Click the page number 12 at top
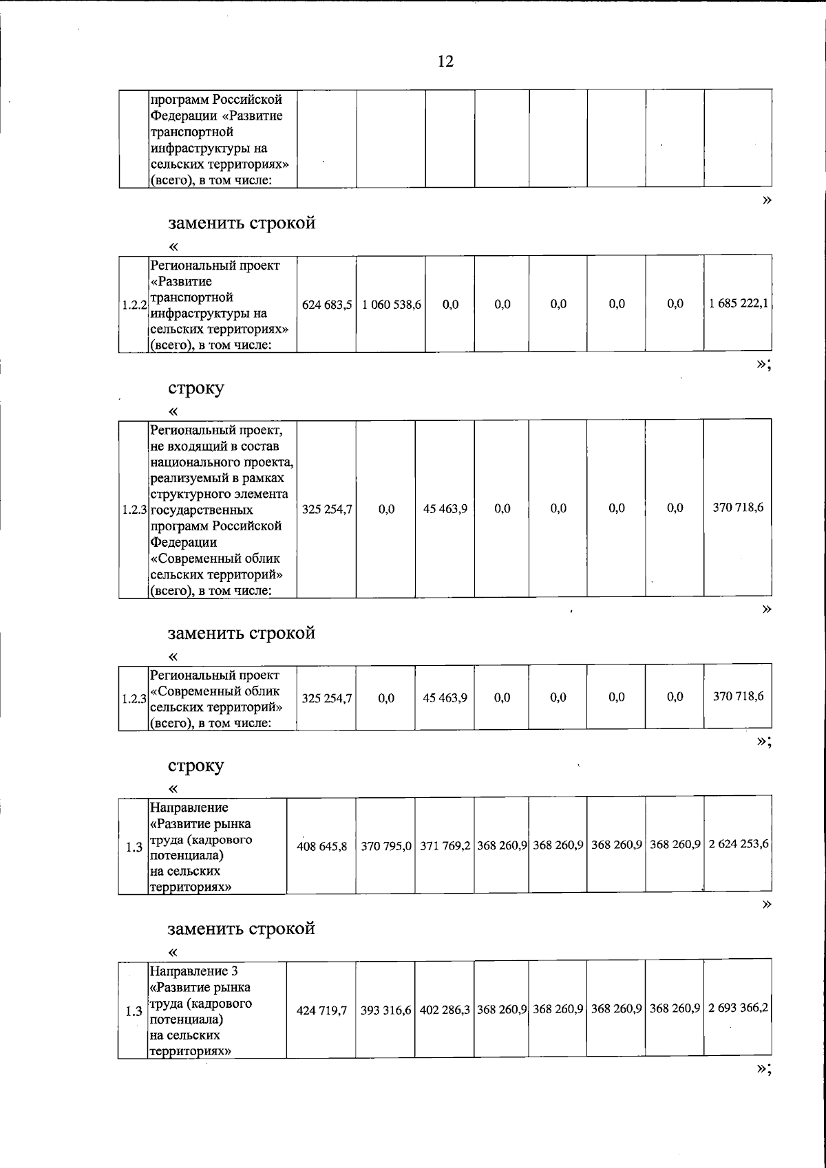pyautogui.click(x=445, y=62)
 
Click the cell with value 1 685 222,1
pyautogui.click(x=738, y=304)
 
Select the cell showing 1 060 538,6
pyautogui.click(x=391, y=304)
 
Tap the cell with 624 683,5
pyautogui.click(x=327, y=304)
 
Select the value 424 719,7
pyautogui.click(x=321, y=1011)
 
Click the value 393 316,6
pyautogui.click(x=385, y=1010)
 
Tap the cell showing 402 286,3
pyautogui.click(x=445, y=1010)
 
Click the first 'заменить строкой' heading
pyautogui.click(x=242, y=224)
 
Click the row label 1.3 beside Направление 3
pyautogui.click(x=134, y=1012)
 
